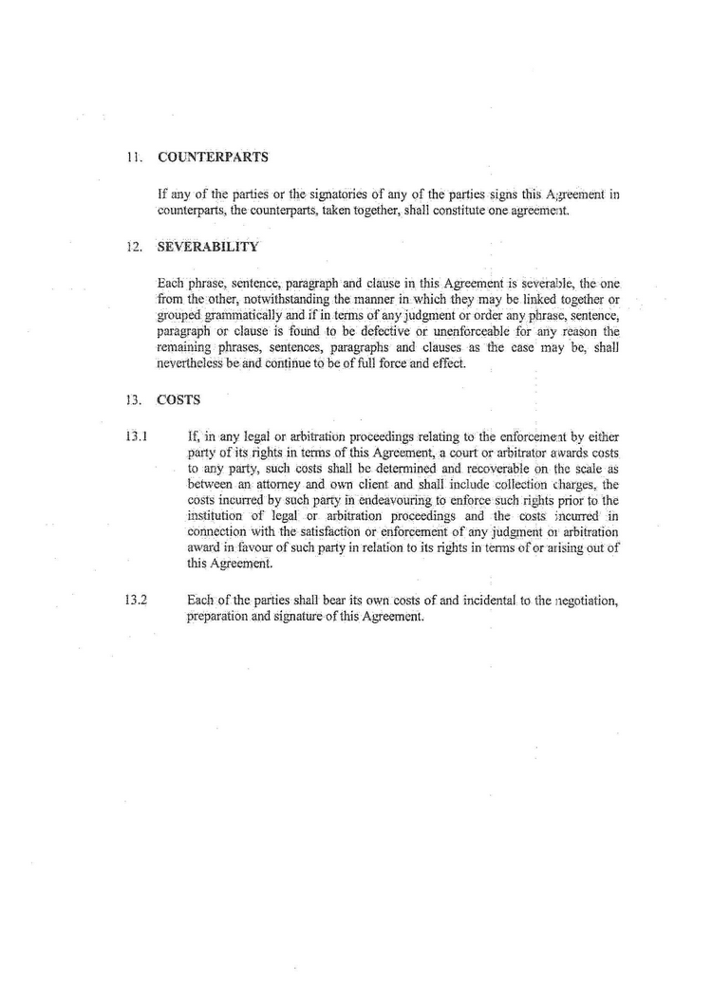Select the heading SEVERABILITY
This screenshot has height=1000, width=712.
pyautogui.click(x=208, y=247)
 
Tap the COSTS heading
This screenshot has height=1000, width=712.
pyautogui.click(x=178, y=400)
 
